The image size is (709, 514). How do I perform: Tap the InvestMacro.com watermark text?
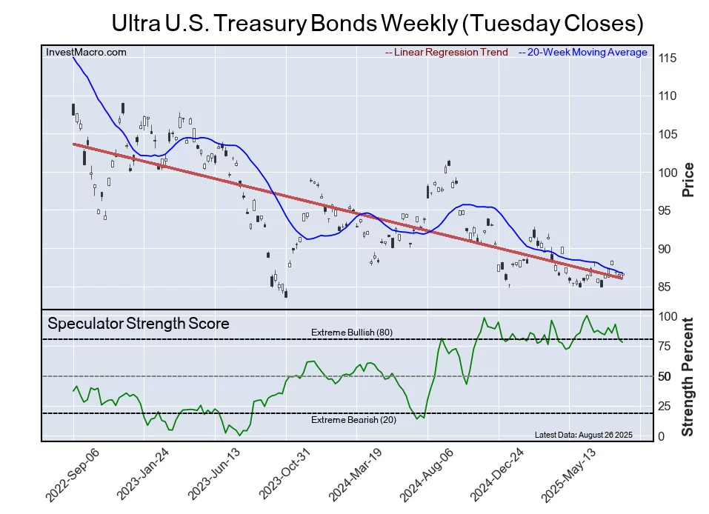(x=86, y=52)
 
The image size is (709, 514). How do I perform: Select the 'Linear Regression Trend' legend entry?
(x=447, y=53)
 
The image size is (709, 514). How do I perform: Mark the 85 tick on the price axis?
(x=667, y=287)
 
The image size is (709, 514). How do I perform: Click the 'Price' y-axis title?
(x=688, y=179)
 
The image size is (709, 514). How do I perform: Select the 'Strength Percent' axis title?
(x=688, y=376)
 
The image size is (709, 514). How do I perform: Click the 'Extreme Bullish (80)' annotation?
(x=352, y=333)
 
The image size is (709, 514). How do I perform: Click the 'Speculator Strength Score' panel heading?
(x=139, y=324)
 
